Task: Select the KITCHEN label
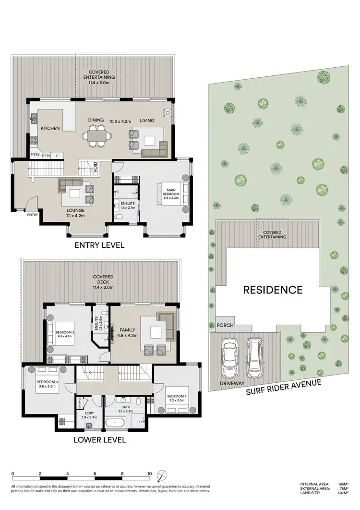(x=50, y=128)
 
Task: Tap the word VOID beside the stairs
(x=96, y=167)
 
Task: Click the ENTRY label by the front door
(x=33, y=215)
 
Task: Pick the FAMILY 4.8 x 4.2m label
(x=125, y=333)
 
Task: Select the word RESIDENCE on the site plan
(x=273, y=290)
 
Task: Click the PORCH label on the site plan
(x=225, y=325)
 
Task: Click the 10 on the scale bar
(x=149, y=473)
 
